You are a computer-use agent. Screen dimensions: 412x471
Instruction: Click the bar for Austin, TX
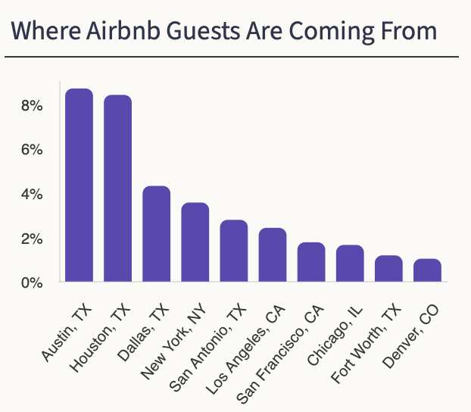79,186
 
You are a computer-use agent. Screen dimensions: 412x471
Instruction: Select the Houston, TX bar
117,189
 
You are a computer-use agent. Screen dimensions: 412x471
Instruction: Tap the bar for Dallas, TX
157,234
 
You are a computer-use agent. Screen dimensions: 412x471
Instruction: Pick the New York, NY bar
195,242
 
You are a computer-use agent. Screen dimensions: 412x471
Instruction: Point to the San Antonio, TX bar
234,251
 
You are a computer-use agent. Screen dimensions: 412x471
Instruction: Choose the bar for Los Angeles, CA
273,255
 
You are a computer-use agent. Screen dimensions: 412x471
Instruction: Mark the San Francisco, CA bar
311,263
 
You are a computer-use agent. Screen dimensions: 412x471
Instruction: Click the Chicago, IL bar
350,264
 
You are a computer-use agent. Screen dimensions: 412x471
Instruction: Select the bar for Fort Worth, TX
388,269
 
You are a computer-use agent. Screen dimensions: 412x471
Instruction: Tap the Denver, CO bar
427,270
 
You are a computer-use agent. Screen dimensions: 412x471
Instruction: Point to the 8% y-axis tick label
31,105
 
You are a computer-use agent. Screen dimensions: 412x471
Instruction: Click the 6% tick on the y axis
31,150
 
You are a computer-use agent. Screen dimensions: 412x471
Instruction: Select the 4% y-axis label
31,195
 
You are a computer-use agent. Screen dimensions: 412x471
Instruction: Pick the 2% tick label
31,239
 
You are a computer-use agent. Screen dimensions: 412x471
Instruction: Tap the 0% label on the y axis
31,283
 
